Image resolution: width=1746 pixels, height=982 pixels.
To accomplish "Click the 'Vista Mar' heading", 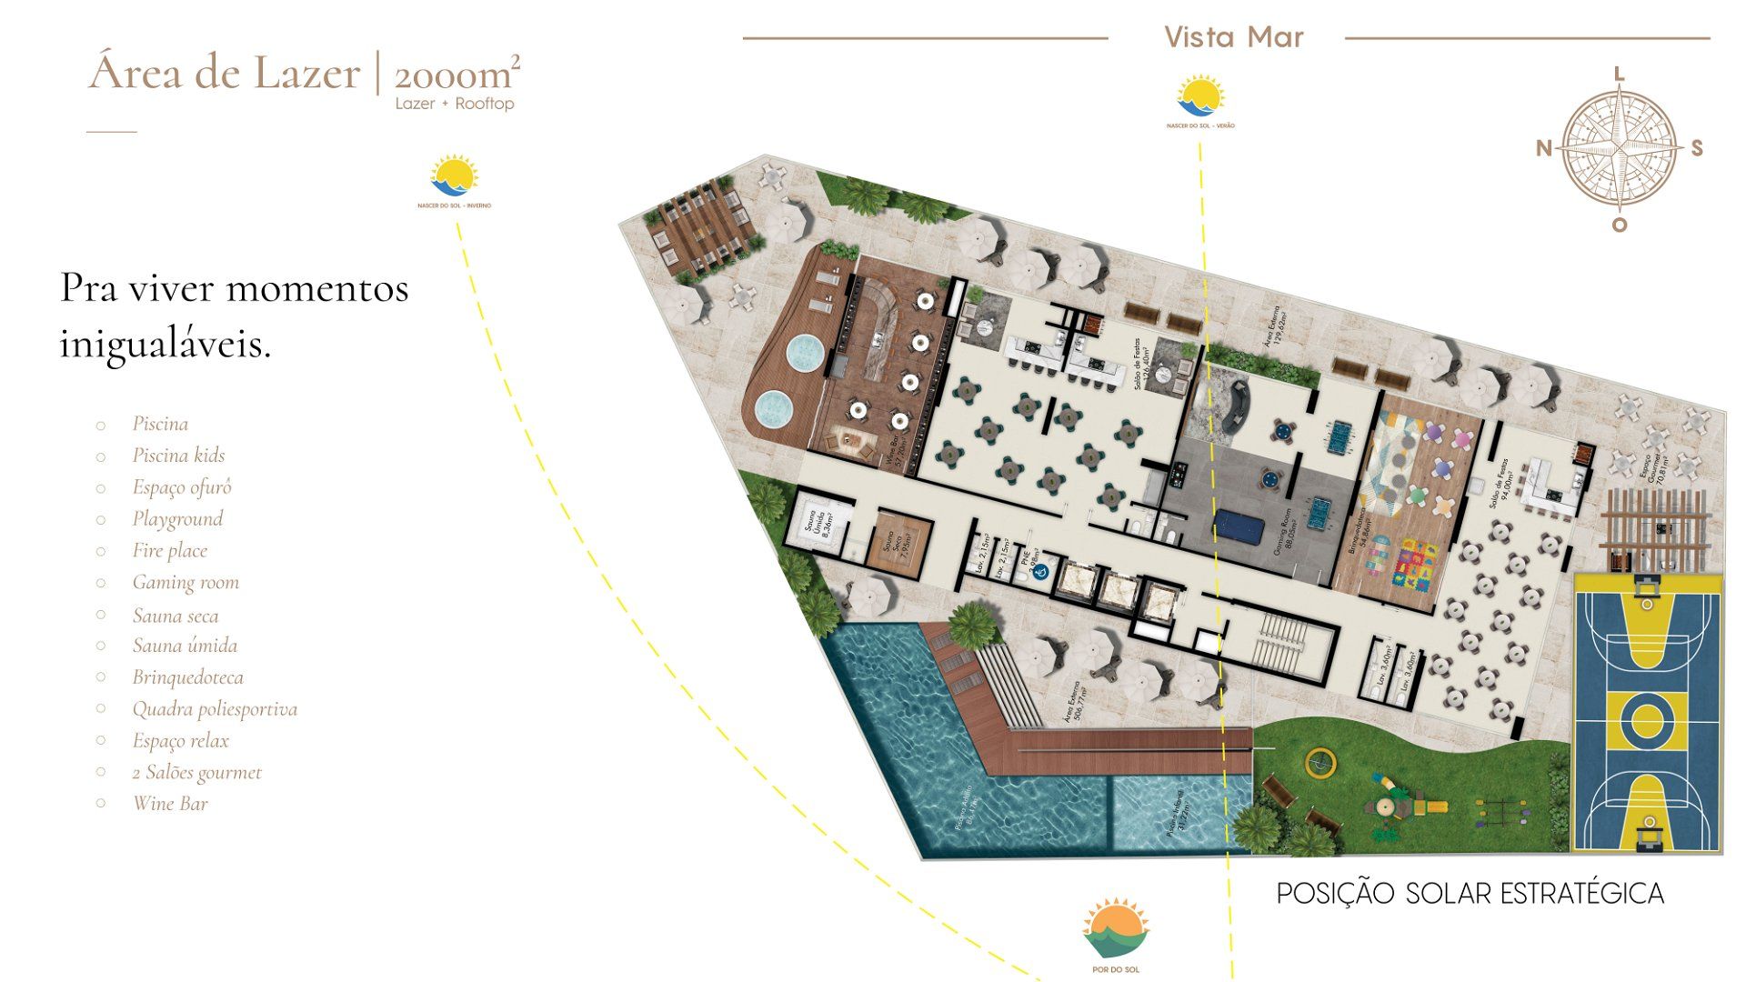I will point(1234,37).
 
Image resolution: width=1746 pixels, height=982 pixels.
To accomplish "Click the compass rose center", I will point(1620,148).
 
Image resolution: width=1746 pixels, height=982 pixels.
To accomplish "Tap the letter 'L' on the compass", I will point(1619,75).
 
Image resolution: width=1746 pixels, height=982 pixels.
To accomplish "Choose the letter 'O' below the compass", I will point(1619,225).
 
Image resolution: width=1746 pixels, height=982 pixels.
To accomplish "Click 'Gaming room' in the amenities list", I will point(186,582).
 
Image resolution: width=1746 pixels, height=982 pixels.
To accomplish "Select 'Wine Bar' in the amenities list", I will point(170,804).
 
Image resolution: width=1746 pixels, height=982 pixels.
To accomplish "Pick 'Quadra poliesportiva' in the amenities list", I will point(215,709).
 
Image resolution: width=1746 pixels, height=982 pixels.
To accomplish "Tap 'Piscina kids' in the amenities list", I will point(178,456).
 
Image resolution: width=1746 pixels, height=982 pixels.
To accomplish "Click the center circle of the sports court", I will point(1647,721).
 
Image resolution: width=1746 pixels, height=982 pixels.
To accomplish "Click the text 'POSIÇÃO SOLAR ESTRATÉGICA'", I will point(1470,894).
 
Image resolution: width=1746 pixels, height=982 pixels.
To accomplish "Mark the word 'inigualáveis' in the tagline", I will point(166,345).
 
